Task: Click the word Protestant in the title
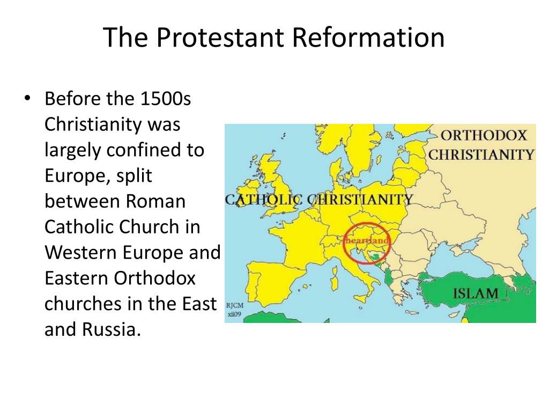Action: (220, 37)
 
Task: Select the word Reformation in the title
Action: (368, 37)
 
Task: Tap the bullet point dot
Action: (27, 98)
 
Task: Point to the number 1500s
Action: (166, 99)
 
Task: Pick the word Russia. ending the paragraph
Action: (112, 329)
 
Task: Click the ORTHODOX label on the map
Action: (484, 135)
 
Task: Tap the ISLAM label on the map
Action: (476, 293)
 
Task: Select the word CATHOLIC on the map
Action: (264, 200)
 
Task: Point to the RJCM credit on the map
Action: (235, 305)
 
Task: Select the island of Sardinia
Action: (335, 278)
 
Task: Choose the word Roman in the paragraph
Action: (155, 201)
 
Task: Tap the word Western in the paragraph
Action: (81, 253)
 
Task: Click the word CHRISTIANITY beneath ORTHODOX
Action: (481, 154)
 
